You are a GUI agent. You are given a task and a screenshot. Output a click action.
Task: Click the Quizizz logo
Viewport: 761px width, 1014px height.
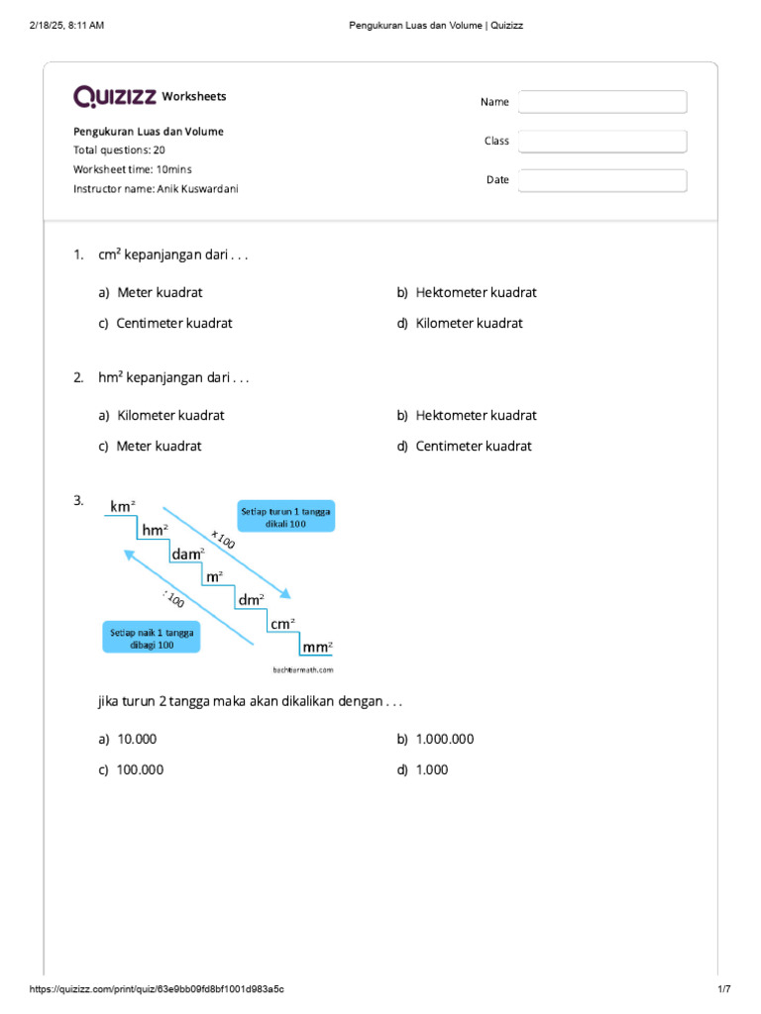(x=115, y=96)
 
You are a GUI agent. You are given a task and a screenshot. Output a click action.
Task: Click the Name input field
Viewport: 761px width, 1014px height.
(x=601, y=102)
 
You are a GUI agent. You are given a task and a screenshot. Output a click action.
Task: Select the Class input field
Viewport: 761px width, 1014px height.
(x=601, y=142)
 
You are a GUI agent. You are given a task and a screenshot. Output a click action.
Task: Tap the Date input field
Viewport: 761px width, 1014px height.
(x=601, y=180)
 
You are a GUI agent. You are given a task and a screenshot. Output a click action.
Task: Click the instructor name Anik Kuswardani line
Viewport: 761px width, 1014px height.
(x=156, y=188)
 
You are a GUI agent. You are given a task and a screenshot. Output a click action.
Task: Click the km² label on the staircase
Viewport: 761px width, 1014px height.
(x=122, y=507)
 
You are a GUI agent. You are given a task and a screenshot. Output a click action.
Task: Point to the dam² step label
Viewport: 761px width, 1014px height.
(x=188, y=555)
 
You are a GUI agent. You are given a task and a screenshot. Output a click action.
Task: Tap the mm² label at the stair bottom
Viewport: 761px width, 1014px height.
(x=317, y=647)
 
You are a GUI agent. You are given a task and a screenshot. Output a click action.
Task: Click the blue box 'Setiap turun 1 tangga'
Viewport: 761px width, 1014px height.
(x=286, y=517)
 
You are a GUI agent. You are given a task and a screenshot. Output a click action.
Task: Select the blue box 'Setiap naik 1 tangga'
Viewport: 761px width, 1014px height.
(x=152, y=637)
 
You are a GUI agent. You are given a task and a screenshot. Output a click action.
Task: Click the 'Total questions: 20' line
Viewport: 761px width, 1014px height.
(x=119, y=151)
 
